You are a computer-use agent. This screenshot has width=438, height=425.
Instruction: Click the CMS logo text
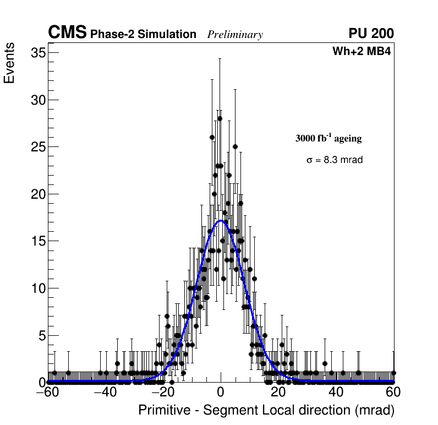tap(67, 33)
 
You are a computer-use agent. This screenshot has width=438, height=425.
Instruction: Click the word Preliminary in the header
tap(235, 35)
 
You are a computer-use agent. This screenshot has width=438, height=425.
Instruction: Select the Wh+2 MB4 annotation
tap(362, 52)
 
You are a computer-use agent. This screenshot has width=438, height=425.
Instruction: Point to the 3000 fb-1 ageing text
tap(328, 139)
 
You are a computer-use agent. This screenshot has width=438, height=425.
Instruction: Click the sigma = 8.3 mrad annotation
tap(335, 160)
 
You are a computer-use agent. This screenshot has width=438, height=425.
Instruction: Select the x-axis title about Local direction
tap(266, 411)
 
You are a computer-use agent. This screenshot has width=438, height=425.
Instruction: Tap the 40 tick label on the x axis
tap(336, 393)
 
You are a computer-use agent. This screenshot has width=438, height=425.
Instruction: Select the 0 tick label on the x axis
tap(221, 393)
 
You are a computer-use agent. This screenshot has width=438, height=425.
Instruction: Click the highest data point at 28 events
tap(220, 118)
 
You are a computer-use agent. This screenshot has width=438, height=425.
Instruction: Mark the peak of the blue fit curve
tap(221, 221)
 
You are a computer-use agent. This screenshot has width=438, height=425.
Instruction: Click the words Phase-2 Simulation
tap(144, 35)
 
